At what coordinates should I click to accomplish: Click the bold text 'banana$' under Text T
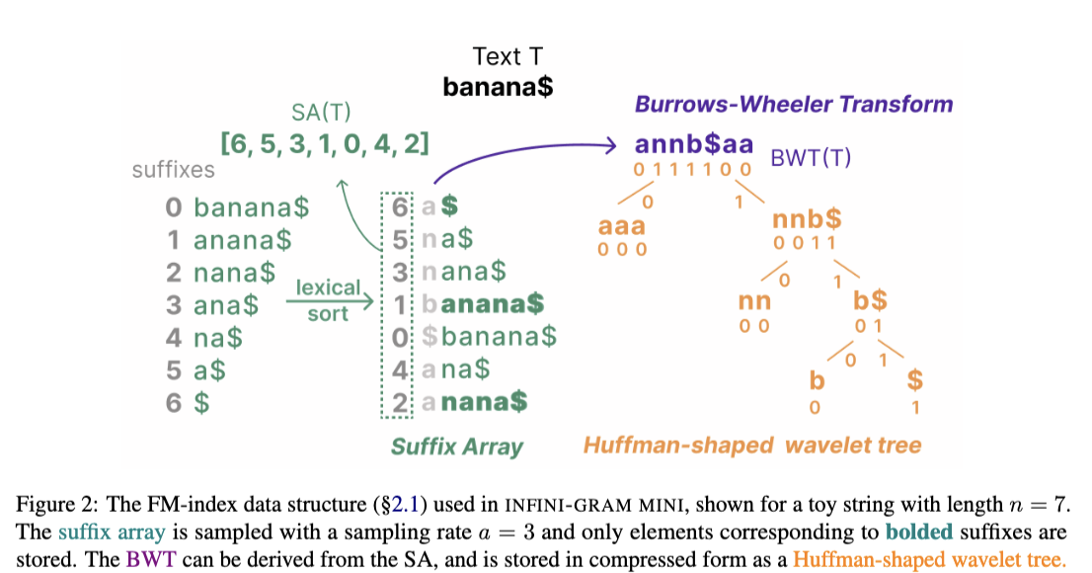[x=498, y=86]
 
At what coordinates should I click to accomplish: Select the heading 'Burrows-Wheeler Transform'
[x=794, y=104]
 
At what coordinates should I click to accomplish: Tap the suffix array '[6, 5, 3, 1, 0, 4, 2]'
[x=325, y=144]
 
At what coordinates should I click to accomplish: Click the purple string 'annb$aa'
[x=694, y=145]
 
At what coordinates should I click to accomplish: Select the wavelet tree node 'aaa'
[x=622, y=226]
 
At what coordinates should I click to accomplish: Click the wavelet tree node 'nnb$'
[x=809, y=220]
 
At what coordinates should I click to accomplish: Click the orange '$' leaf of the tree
[x=915, y=381]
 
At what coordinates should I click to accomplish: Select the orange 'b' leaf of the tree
[x=816, y=381]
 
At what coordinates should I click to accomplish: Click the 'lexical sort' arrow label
[x=327, y=300]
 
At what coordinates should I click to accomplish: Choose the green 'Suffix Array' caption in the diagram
[x=456, y=446]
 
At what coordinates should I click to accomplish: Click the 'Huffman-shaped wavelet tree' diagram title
[x=751, y=446]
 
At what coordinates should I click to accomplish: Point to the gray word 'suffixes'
[x=173, y=170]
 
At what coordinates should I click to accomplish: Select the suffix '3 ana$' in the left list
[x=212, y=305]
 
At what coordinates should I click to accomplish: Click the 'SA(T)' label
[x=321, y=112]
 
